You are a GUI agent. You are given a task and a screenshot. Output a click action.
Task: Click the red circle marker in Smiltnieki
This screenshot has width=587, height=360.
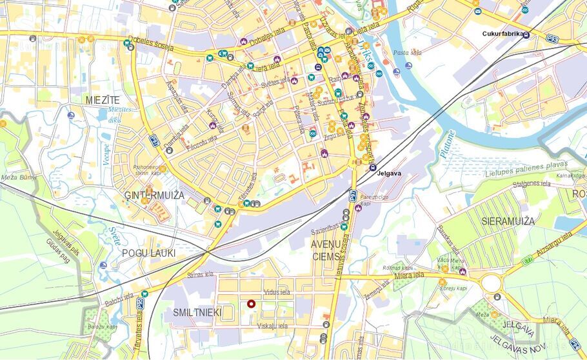click(x=252, y=305)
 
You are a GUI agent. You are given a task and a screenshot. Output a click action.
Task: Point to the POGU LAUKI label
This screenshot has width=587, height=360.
click(x=148, y=253)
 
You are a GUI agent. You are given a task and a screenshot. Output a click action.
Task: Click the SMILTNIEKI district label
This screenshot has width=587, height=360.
click(x=197, y=313)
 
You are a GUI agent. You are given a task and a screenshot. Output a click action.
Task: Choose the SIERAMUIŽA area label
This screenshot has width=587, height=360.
click(x=508, y=221)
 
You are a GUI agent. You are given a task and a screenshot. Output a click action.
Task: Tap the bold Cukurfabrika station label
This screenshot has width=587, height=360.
click(x=503, y=34)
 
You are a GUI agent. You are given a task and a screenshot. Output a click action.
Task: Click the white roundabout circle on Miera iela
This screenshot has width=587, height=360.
click(x=491, y=283)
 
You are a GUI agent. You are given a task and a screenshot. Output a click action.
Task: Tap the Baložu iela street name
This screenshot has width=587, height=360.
click(x=120, y=299)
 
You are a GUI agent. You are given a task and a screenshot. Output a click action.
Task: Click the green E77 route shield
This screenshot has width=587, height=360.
click(x=527, y=261)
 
